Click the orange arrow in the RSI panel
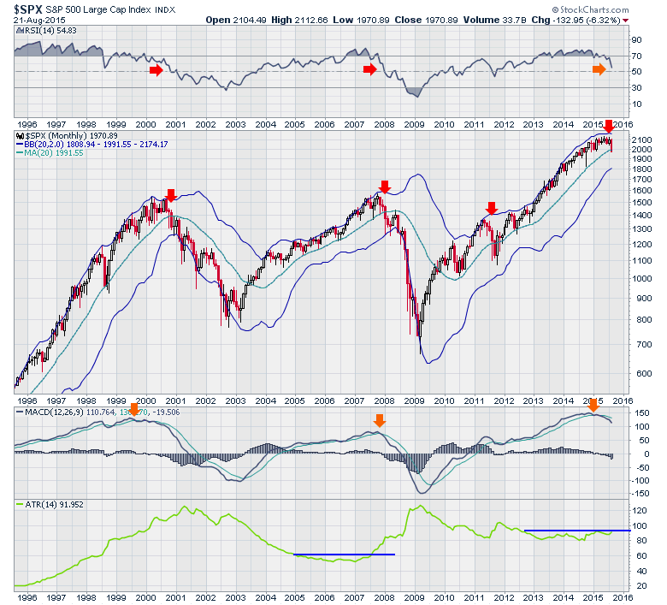tap(599, 68)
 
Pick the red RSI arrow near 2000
tap(156, 68)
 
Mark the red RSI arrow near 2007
tap(369, 68)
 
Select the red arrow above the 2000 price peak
tap(170, 195)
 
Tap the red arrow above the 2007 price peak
tap(384, 186)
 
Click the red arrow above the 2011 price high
tap(491, 208)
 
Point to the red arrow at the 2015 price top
tap(609, 128)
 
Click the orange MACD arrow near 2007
tap(380, 419)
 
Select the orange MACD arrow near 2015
tap(593, 404)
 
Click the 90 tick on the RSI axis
tap(636, 40)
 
